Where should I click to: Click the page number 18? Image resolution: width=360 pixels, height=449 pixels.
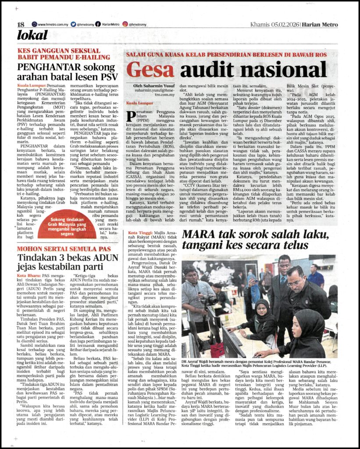[x=21, y=25]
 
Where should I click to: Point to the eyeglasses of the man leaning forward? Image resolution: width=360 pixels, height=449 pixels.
[x=296, y=283]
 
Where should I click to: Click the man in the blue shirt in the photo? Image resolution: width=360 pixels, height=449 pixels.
[x=315, y=276]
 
